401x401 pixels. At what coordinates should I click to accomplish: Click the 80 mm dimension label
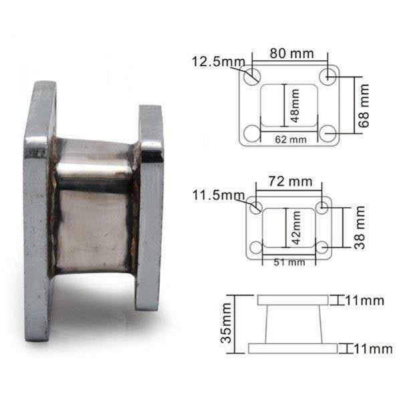[x=291, y=53]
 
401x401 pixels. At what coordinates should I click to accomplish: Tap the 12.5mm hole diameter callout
[x=218, y=61]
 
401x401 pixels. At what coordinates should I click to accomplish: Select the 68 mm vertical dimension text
[x=364, y=106]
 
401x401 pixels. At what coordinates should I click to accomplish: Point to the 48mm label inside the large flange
[x=295, y=106]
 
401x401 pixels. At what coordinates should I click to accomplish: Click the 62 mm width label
[x=291, y=140]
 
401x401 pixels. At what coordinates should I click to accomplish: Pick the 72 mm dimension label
[x=290, y=182]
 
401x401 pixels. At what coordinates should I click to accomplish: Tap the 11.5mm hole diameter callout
[x=219, y=195]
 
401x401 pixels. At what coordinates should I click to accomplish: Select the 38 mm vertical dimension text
[x=360, y=227]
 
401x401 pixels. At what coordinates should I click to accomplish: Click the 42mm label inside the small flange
[x=296, y=227]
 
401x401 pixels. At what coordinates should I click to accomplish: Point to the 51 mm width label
[x=289, y=263]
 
